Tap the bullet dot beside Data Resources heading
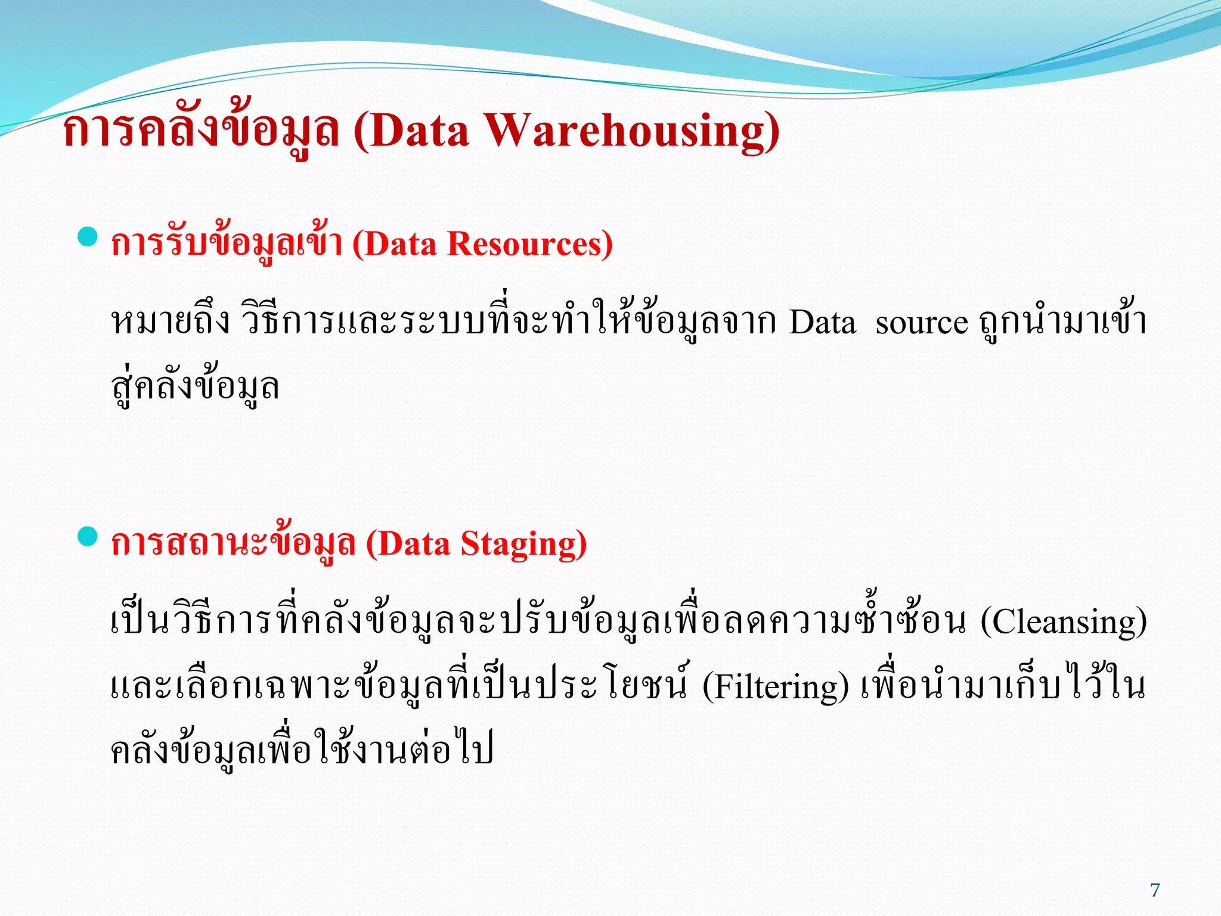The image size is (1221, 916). (88, 237)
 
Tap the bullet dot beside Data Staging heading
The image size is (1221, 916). (88, 536)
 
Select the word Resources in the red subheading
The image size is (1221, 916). (529, 245)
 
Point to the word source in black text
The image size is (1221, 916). (921, 324)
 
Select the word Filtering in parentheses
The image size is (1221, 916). (775, 687)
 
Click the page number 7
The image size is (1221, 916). (1155, 890)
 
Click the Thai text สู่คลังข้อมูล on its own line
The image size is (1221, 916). (196, 388)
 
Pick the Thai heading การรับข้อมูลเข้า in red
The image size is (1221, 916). (227, 245)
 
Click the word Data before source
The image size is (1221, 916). (822, 324)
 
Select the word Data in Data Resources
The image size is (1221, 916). (400, 245)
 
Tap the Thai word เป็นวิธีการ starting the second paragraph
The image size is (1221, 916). (191, 622)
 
